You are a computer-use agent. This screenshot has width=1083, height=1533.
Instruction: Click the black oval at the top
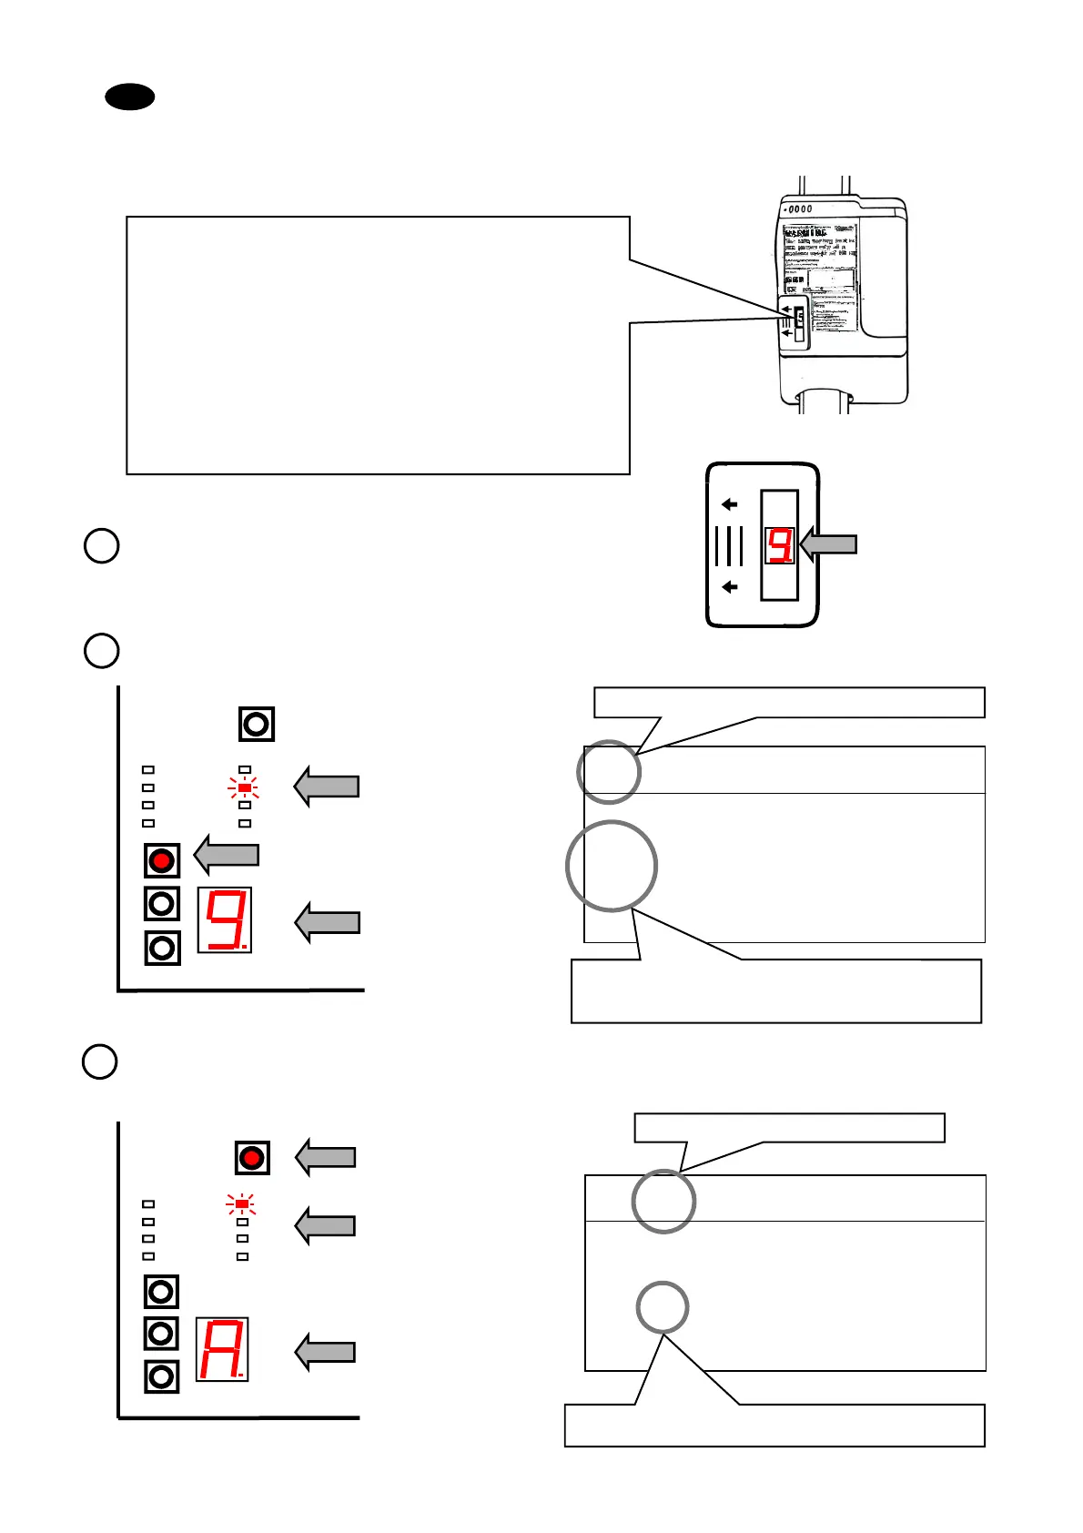click(130, 96)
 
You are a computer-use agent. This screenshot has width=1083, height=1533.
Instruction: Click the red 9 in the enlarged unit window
click(780, 545)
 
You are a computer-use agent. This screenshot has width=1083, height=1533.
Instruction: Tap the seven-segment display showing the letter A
click(222, 1349)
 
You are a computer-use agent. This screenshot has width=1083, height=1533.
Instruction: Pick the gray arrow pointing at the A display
click(325, 1352)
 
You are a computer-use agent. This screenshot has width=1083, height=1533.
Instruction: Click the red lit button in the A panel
click(252, 1158)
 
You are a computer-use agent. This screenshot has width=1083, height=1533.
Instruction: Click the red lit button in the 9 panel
click(162, 860)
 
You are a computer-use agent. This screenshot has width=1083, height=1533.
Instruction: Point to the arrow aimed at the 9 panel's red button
click(227, 855)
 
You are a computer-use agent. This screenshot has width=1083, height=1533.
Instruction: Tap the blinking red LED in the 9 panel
click(244, 787)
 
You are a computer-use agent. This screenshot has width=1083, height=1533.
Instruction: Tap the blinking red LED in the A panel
click(242, 1204)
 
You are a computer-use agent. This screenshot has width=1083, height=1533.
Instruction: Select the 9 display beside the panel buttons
click(225, 919)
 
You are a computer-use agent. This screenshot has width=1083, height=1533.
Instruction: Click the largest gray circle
click(612, 866)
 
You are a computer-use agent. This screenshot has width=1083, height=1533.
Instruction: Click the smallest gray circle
click(662, 1307)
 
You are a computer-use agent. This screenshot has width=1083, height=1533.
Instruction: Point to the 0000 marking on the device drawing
click(799, 209)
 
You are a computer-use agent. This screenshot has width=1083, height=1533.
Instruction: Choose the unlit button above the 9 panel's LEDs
click(257, 725)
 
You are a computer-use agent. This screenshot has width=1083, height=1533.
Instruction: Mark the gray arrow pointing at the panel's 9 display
click(328, 922)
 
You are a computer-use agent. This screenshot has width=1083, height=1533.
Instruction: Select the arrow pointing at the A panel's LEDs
click(325, 1225)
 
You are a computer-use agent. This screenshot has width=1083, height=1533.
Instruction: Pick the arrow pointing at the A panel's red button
click(325, 1157)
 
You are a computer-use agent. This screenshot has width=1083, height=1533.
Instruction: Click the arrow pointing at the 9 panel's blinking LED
click(327, 787)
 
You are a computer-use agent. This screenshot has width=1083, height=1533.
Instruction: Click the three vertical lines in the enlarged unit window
click(729, 546)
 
